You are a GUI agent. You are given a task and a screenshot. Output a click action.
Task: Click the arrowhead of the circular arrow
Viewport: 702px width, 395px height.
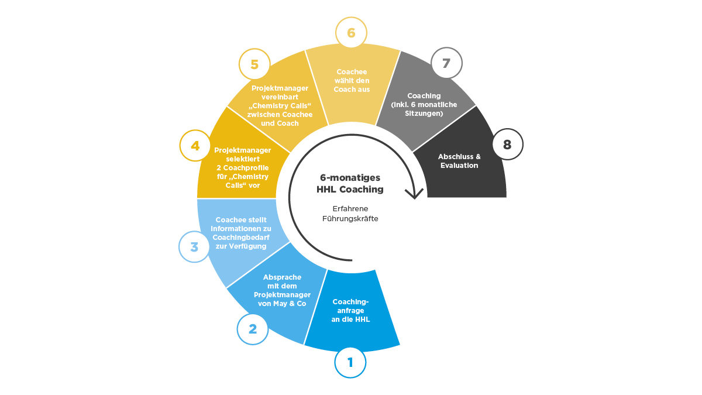(x=414, y=193)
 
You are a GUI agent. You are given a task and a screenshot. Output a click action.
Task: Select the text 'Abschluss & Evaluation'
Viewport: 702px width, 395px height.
(x=459, y=161)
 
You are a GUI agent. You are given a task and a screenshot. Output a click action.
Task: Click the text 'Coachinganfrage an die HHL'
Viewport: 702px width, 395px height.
(x=350, y=310)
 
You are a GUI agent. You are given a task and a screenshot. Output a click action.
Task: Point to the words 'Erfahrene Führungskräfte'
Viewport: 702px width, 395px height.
(x=350, y=214)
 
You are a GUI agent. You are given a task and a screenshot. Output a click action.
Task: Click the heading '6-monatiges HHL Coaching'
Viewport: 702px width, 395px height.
(x=350, y=183)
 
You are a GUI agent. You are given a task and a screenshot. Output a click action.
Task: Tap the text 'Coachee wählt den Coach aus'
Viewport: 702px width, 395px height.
(x=352, y=81)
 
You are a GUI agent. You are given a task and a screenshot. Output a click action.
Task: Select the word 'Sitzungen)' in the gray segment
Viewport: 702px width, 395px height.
(x=424, y=113)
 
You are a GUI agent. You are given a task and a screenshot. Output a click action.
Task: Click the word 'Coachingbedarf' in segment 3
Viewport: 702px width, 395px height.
(x=241, y=238)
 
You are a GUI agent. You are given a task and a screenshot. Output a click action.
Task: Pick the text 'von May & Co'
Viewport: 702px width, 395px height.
(x=282, y=304)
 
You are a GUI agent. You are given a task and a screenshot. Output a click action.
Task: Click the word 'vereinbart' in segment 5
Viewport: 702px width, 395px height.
(x=280, y=97)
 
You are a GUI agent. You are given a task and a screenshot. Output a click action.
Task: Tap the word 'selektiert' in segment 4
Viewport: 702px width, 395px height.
(x=243, y=159)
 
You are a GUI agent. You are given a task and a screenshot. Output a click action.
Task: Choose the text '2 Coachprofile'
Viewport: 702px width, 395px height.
(x=243, y=168)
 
